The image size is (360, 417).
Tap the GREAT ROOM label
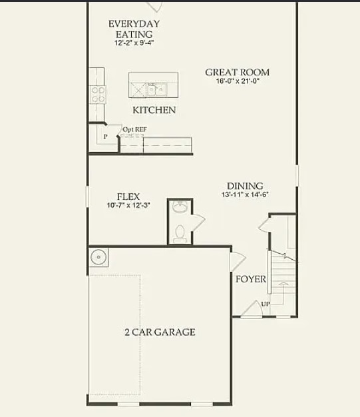point(237,72)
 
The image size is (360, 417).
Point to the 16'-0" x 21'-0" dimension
point(237,82)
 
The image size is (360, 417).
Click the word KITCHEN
point(154,110)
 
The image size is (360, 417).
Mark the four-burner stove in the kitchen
point(98,94)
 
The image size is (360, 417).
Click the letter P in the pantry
point(105,137)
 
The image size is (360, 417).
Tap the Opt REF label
point(134,130)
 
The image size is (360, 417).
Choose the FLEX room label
point(128,197)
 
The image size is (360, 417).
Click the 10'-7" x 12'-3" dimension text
point(128,206)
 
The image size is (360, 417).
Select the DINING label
point(244,186)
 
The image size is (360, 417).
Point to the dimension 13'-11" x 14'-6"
point(244,195)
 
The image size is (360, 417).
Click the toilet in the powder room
point(179,232)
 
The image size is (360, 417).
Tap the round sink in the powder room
point(179,209)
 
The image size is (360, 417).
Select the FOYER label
point(250,279)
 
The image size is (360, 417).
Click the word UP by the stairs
point(266,304)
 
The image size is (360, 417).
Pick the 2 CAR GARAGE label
point(159,332)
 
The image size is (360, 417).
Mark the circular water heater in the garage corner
point(98,256)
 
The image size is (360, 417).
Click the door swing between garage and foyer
point(237,260)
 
